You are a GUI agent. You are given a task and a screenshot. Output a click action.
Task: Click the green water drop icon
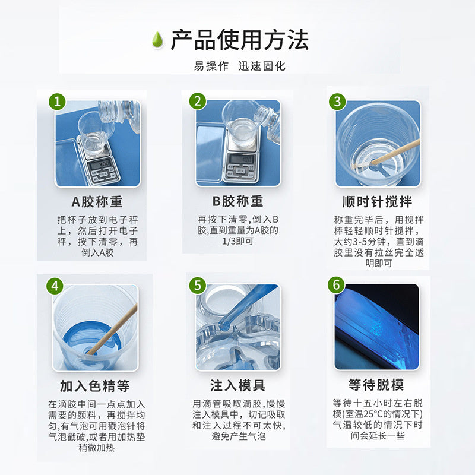pyautogui.click(x=157, y=40)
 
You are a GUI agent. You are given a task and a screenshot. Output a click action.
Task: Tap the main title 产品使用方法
pyautogui.click(x=240, y=40)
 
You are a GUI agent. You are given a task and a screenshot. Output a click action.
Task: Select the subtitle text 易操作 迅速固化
pyautogui.click(x=240, y=66)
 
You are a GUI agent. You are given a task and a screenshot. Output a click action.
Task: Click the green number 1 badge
pyautogui.click(x=57, y=102)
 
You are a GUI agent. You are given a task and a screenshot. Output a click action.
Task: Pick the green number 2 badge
pyautogui.click(x=198, y=101)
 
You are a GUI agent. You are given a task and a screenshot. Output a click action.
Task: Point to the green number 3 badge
pyautogui.click(x=337, y=101)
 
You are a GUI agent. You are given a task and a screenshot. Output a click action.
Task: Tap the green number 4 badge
pyautogui.click(x=55, y=286)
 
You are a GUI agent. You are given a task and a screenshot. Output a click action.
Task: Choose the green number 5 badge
pyautogui.click(x=198, y=286)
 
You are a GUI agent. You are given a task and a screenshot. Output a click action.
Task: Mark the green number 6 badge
pyautogui.click(x=337, y=285)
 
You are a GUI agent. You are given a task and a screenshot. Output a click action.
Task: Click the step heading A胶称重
pyautogui.click(x=97, y=202)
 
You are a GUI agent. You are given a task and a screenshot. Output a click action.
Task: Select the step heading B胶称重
pyautogui.click(x=237, y=201)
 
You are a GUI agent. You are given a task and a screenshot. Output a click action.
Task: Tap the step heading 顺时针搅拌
pyautogui.click(x=377, y=202)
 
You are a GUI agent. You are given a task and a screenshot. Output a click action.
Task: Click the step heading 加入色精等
pyautogui.click(x=95, y=386)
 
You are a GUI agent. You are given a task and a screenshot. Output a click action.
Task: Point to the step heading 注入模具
pyautogui.click(x=238, y=385)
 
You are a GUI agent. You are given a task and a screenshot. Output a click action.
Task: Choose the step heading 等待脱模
pyautogui.click(x=376, y=385)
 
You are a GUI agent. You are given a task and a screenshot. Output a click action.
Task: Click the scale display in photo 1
pyautogui.click(x=100, y=164)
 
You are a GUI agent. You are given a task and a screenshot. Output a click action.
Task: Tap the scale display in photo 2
pyautogui.click(x=240, y=159)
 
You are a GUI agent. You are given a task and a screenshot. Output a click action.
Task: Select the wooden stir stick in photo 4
pyautogui.click(x=112, y=330)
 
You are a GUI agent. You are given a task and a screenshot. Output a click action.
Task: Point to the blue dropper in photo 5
pyautogui.click(x=246, y=306)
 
